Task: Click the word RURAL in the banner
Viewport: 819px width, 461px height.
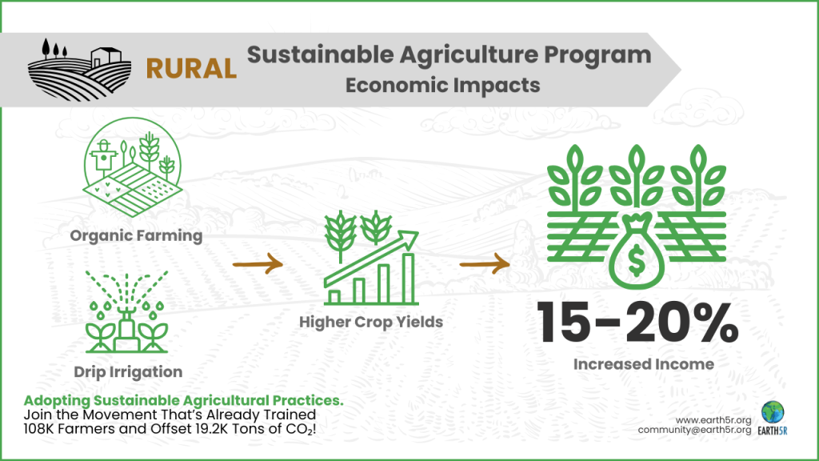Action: (191, 69)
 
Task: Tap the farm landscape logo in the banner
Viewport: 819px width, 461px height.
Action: (79, 70)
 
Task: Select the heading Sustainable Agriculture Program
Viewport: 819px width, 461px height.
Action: (449, 55)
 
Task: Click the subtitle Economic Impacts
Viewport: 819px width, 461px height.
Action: (443, 85)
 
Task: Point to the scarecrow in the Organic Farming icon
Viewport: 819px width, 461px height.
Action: (103, 157)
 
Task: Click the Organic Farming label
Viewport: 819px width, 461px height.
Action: (136, 236)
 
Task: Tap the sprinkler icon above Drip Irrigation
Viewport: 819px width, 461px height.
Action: (127, 312)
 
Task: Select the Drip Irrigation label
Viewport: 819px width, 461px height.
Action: (128, 371)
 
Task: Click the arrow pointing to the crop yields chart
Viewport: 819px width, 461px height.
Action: (258, 263)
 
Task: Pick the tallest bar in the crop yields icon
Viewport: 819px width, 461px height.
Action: (409, 278)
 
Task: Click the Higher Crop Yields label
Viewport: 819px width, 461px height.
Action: (371, 322)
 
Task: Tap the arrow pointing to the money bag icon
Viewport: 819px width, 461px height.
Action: (485, 264)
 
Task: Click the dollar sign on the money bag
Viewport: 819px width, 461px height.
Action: (637, 261)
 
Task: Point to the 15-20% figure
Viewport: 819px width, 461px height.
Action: (637, 323)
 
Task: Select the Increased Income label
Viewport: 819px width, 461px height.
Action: (644, 364)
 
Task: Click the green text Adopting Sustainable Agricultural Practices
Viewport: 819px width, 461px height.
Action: (184, 400)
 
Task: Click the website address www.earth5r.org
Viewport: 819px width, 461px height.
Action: (713, 420)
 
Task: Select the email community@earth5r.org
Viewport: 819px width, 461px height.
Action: (695, 430)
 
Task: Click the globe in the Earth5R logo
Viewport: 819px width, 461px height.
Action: (773, 412)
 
